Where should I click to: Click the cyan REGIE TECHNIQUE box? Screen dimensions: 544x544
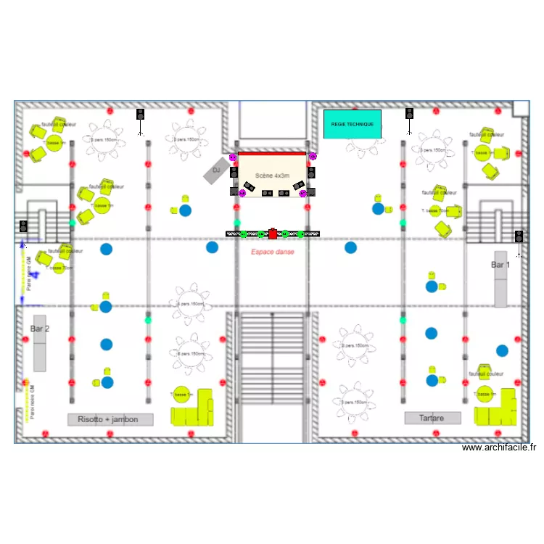(352, 124)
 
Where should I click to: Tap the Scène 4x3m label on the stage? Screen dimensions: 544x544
(272, 176)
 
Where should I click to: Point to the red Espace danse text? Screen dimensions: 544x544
(272, 252)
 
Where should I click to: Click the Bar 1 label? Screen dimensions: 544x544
(500, 265)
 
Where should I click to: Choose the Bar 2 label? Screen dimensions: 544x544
(40, 329)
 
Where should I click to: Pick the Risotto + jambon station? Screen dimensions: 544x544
(110, 419)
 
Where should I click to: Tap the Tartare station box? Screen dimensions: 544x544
(432, 418)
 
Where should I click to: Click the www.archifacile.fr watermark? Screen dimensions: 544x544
(500, 448)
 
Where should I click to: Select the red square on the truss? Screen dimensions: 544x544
(273, 234)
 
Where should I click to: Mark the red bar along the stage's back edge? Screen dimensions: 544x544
(272, 154)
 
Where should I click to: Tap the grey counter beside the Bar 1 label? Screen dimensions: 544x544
(500, 289)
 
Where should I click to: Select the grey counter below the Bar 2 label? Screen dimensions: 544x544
(40, 353)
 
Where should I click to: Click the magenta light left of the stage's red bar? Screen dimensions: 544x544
(233, 157)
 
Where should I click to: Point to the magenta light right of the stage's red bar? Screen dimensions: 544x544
(313, 156)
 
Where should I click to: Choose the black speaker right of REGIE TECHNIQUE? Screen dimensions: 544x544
(409, 114)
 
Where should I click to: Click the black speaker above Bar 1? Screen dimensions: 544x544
(519, 236)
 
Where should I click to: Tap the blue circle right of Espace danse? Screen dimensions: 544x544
(350, 247)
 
